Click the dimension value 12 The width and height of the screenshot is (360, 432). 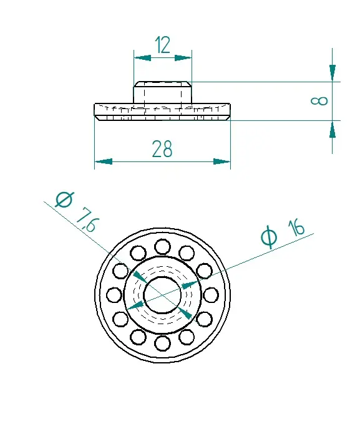click(x=162, y=45)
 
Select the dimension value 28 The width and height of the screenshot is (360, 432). click(x=162, y=149)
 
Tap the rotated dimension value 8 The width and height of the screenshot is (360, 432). click(x=319, y=101)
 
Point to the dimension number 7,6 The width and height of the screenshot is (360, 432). click(x=87, y=221)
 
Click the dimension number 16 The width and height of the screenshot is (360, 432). click(x=296, y=228)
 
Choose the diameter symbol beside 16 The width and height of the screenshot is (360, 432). click(x=268, y=237)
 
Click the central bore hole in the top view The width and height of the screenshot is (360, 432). click(x=162, y=295)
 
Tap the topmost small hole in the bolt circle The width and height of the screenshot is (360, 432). click(x=162, y=247)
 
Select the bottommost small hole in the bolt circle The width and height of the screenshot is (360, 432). click(x=162, y=344)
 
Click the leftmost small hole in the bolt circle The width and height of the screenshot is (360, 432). click(x=114, y=295)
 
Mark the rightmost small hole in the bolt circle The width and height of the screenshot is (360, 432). click(x=211, y=295)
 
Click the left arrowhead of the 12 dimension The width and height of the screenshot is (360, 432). click(x=142, y=58)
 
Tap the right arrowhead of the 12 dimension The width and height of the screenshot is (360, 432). click(x=183, y=58)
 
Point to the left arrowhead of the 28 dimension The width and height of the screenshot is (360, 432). click(x=104, y=161)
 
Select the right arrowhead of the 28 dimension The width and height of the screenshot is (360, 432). click(x=221, y=161)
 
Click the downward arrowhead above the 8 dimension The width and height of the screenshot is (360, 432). click(x=333, y=73)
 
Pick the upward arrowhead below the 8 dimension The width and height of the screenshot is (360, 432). click(x=333, y=129)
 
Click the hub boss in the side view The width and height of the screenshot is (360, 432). click(x=163, y=92)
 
